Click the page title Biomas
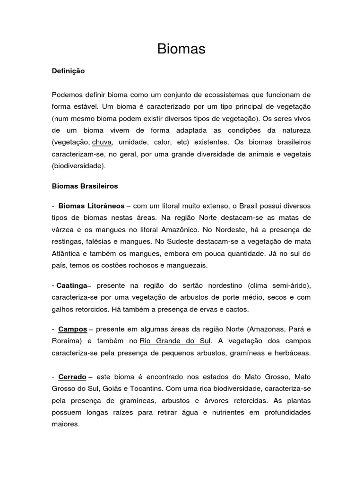coord(181,49)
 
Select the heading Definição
coord(68,71)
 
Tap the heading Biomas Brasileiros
coord(85,186)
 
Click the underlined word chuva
coord(102,142)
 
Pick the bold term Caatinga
coord(72,285)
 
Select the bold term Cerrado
coord(72,377)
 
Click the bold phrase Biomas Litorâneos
coord(91,206)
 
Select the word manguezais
coord(188,266)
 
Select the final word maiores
coord(66,424)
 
